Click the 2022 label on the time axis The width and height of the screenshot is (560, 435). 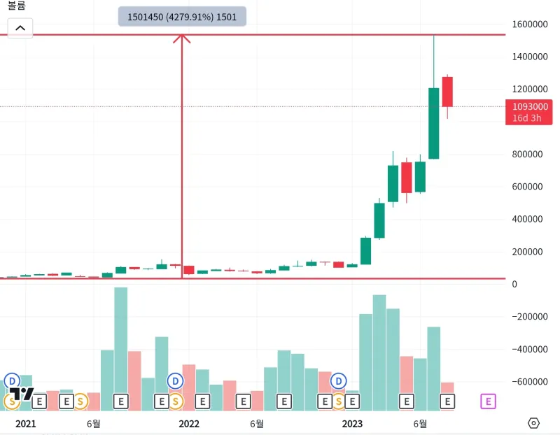(x=189, y=424)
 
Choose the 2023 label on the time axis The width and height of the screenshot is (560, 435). (x=352, y=424)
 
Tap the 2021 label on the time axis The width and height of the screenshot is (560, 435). (x=25, y=424)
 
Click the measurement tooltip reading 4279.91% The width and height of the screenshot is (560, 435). (x=182, y=17)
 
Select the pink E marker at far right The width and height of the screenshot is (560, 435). (x=488, y=401)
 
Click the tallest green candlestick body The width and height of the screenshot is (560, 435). (x=434, y=123)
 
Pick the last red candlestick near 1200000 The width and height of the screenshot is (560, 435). (x=447, y=92)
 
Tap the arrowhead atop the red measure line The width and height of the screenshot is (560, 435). (x=182, y=38)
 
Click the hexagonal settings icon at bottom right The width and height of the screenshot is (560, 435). (x=534, y=423)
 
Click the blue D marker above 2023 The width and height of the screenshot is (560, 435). (x=339, y=381)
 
